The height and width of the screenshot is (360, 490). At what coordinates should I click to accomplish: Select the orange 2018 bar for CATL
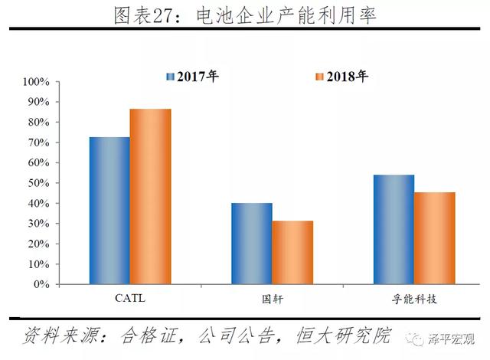click(150, 196)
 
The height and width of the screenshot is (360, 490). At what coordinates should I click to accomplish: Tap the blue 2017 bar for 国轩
click(252, 243)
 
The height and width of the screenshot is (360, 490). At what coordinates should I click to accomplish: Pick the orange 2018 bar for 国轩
click(292, 252)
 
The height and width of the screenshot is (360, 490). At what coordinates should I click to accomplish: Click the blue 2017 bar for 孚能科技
click(394, 229)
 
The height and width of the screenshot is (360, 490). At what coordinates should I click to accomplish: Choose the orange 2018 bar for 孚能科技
click(434, 237)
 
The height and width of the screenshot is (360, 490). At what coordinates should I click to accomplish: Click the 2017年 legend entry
click(192, 77)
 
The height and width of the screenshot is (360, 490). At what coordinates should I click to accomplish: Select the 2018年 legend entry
click(341, 77)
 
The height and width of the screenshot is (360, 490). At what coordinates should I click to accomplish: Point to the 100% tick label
click(36, 82)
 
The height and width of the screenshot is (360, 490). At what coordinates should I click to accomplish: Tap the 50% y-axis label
click(38, 183)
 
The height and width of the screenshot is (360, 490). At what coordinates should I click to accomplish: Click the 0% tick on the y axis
click(41, 284)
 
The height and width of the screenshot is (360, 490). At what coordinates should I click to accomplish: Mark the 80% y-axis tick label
click(38, 123)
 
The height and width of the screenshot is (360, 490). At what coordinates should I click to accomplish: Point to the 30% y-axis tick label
click(38, 224)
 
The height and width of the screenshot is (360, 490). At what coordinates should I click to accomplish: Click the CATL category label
click(129, 298)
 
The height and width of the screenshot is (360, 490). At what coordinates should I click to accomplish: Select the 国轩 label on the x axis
click(272, 298)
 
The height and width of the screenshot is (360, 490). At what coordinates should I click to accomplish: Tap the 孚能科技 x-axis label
click(413, 298)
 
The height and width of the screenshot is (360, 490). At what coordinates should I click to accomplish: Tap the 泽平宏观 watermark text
click(450, 339)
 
